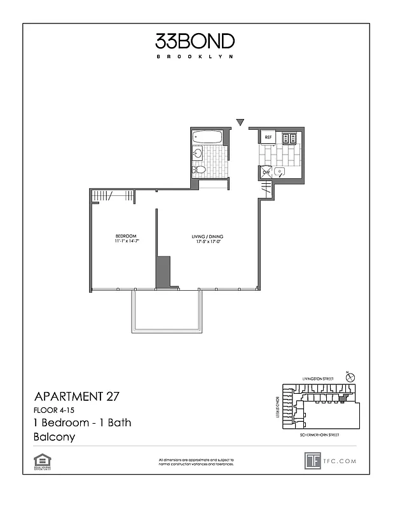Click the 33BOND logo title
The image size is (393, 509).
click(x=195, y=42)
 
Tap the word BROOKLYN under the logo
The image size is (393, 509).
click(x=195, y=57)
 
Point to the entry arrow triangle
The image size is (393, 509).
click(x=240, y=122)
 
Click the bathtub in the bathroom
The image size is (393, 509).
click(x=207, y=137)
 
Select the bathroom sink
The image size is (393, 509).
click(x=198, y=153)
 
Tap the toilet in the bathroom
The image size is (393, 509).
click(x=199, y=169)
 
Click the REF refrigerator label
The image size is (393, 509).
click(x=268, y=137)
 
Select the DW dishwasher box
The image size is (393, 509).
click(x=266, y=171)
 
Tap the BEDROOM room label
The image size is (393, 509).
click(x=126, y=236)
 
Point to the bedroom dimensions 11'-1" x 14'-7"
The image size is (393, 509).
click(x=126, y=242)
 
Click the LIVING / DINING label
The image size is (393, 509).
click(x=207, y=237)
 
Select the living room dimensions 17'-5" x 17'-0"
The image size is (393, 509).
click(x=207, y=242)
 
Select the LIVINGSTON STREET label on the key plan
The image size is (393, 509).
click(x=315, y=379)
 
